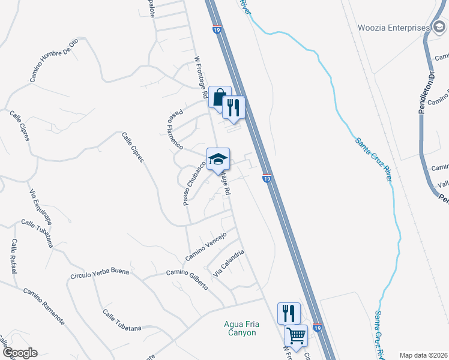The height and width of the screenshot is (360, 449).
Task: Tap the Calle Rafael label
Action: tap(13, 256)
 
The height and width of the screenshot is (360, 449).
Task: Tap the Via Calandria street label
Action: tap(228, 263)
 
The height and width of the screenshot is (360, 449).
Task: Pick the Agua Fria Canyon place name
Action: tap(240, 328)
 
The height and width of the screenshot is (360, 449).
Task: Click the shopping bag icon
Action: tap(220, 97)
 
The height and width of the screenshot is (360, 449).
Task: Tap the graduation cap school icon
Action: tap(218, 159)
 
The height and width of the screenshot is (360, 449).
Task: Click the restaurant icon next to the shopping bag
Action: tap(234, 107)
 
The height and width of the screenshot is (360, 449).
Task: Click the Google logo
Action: tap(20, 353)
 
